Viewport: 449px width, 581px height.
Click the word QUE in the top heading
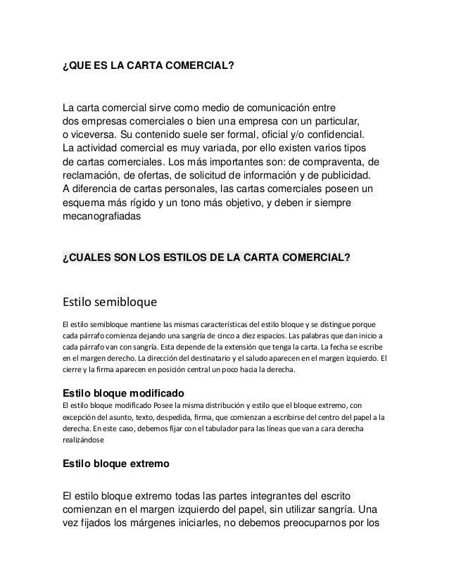click(80, 67)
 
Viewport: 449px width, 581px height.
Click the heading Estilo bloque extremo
click(115, 465)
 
